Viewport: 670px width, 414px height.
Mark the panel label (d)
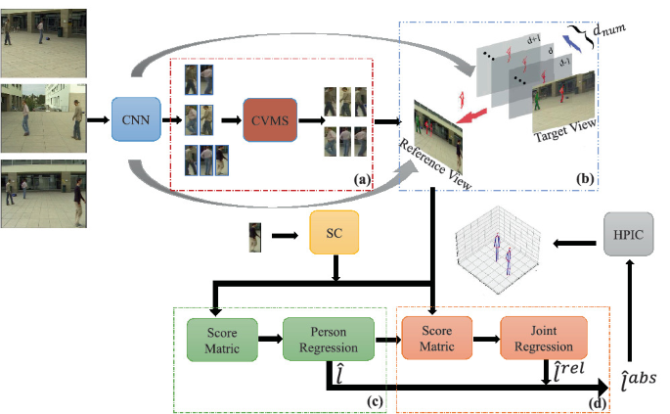pos(594,401)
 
